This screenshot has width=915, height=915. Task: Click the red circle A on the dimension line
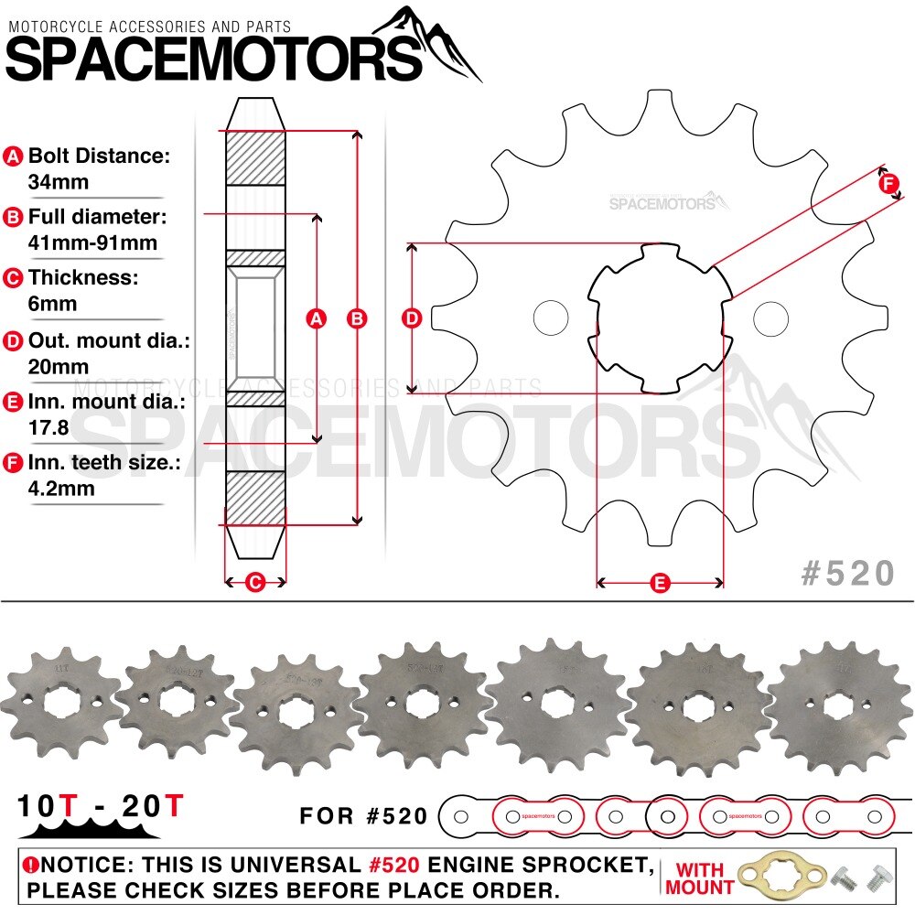pyautogui.click(x=317, y=318)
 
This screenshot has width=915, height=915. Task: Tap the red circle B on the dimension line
pyautogui.click(x=357, y=318)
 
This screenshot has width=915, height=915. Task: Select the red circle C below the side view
pyautogui.click(x=256, y=582)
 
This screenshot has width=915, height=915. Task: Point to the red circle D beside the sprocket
pyautogui.click(x=413, y=318)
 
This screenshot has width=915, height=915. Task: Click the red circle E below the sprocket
pyautogui.click(x=660, y=582)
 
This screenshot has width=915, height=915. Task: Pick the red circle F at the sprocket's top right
pyautogui.click(x=888, y=184)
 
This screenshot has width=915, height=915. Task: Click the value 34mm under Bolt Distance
pyautogui.click(x=59, y=181)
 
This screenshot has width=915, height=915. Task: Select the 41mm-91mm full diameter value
pyautogui.click(x=92, y=242)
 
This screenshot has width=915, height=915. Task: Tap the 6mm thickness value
pyautogui.click(x=53, y=304)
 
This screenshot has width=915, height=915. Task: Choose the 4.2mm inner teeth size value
pyautogui.click(x=61, y=488)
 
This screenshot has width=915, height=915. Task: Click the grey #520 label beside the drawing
pyautogui.click(x=847, y=573)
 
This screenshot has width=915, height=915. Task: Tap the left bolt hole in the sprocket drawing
pyautogui.click(x=551, y=318)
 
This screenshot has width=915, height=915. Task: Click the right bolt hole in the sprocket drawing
pyautogui.click(x=771, y=318)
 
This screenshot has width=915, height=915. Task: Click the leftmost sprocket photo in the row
pyautogui.click(x=60, y=701)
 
